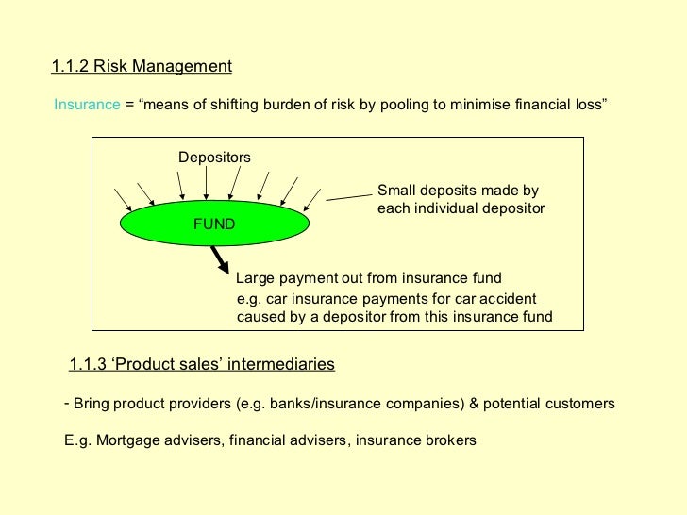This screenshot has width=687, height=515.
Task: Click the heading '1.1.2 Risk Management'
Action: (142, 67)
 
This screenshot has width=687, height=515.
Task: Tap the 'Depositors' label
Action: (214, 157)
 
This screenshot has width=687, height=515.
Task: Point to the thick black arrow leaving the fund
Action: (219, 257)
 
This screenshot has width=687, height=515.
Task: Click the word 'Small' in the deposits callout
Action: (396, 190)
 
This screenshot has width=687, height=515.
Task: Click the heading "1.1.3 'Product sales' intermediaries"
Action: (202, 364)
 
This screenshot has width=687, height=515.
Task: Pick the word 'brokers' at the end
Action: (452, 440)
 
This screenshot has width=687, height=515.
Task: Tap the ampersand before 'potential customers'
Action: (474, 404)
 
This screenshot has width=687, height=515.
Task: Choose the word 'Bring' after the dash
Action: (92, 404)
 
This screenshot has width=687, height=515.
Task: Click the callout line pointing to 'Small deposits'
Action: (348, 194)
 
